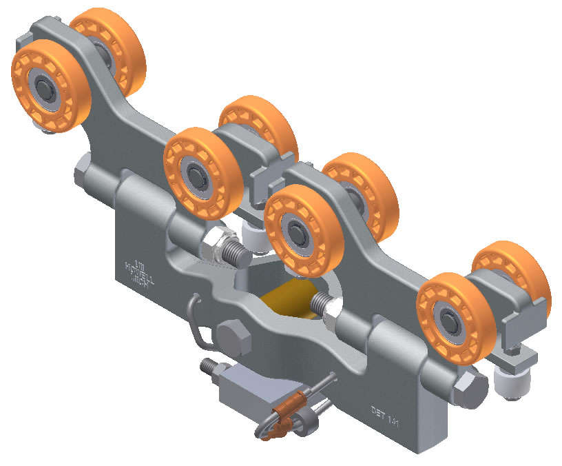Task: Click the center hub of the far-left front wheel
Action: click(x=47, y=87)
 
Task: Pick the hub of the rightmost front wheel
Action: click(x=453, y=321)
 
